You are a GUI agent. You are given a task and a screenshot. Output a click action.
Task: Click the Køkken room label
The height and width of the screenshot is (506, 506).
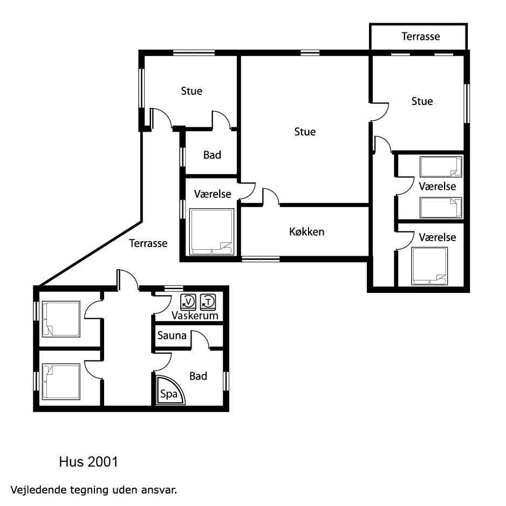(306, 232)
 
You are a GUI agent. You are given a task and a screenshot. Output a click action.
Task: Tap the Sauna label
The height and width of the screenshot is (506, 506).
(172, 336)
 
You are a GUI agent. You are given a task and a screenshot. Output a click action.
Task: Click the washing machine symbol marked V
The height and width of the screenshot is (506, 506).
(188, 302)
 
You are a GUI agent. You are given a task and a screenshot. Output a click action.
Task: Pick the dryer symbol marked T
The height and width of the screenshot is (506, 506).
(208, 302)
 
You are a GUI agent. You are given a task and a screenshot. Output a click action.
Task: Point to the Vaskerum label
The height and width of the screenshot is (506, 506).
(195, 316)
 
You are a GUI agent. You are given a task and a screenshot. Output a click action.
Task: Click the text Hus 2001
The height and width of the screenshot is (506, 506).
(88, 462)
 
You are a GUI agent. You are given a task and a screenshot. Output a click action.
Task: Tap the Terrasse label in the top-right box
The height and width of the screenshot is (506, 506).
(420, 36)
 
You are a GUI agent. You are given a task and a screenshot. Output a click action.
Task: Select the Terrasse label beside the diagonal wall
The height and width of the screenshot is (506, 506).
(148, 243)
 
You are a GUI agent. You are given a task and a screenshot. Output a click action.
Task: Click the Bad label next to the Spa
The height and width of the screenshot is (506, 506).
(198, 376)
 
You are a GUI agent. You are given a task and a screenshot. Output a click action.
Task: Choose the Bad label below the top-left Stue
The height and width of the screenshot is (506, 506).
(212, 155)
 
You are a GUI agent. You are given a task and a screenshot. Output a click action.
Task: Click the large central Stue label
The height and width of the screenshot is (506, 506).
(305, 132)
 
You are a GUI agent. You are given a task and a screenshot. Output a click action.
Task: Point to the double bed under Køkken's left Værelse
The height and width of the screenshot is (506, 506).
(211, 232)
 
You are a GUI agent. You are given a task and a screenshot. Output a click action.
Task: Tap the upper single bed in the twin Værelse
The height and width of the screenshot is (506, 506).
(441, 167)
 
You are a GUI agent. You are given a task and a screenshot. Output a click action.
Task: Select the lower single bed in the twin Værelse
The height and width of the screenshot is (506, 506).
(441, 208)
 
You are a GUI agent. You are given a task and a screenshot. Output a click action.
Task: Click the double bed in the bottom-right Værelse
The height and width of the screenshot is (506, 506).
(429, 266)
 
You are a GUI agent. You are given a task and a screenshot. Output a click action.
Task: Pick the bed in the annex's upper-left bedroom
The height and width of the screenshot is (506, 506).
(61, 319)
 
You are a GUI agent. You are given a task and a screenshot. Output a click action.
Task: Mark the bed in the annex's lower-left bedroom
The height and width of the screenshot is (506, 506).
(61, 382)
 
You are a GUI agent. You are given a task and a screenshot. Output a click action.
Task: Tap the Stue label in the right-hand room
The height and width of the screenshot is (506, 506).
(422, 101)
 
